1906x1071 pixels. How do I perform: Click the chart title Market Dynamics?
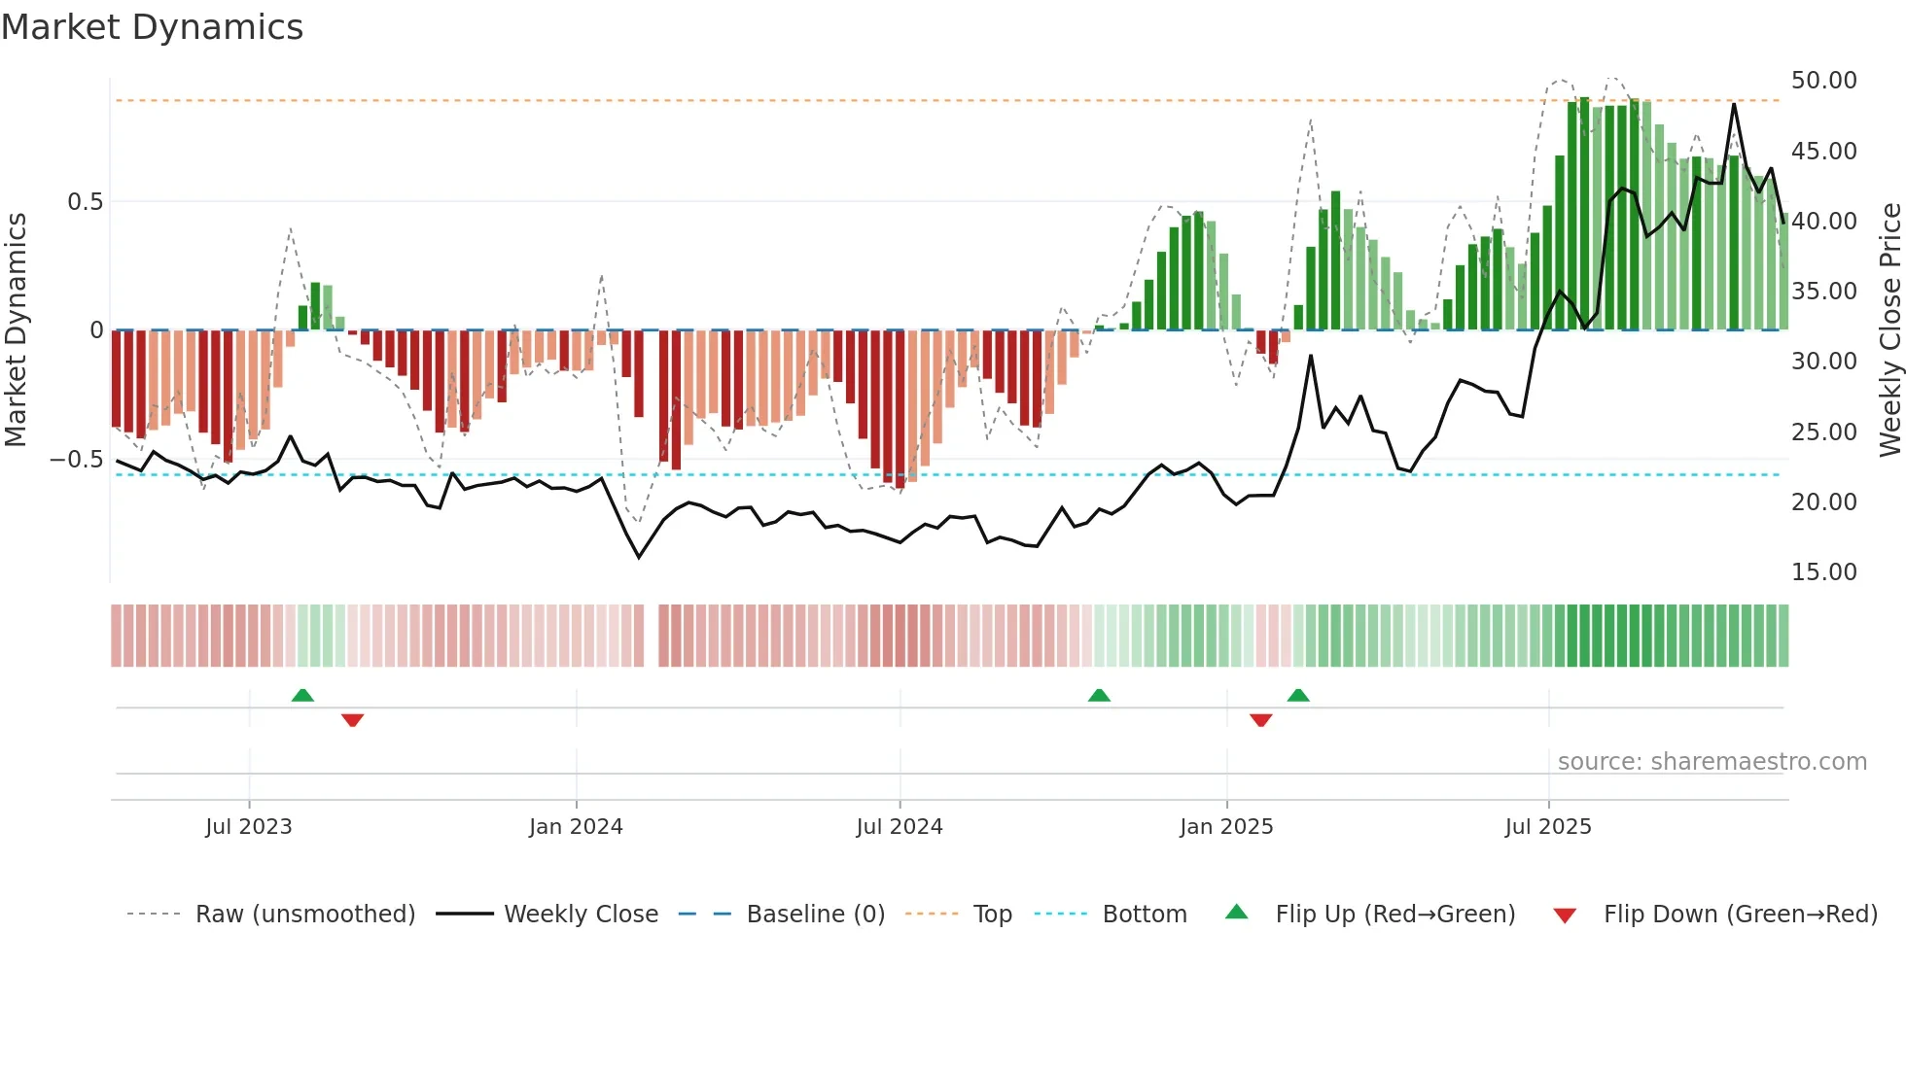(x=152, y=27)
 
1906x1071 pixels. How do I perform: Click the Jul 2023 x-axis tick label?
(x=249, y=826)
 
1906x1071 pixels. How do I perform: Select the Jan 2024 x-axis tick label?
(x=576, y=826)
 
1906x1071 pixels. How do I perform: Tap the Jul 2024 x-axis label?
(x=900, y=826)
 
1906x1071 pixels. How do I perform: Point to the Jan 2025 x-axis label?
(x=1226, y=826)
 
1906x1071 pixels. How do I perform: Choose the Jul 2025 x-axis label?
(x=1548, y=826)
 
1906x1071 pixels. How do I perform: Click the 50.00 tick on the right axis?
(x=1824, y=81)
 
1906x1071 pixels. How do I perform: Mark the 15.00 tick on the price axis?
(x=1824, y=571)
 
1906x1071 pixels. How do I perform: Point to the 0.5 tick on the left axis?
(x=85, y=202)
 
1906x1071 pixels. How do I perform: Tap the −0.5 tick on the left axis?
(x=77, y=459)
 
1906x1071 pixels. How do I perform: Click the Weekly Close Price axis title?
(x=1889, y=329)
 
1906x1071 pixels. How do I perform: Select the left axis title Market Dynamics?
(x=16, y=329)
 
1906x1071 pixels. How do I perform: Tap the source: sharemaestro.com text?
(x=1712, y=762)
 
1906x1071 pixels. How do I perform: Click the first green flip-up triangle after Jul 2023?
(x=302, y=695)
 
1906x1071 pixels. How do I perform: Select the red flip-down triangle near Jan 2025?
(x=1261, y=720)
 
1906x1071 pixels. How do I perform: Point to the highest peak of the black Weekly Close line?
(x=1734, y=104)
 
